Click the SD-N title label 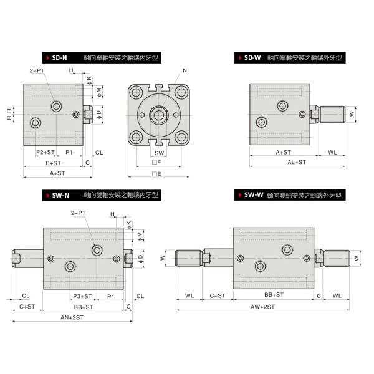tap(60, 57)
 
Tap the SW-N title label tap(60, 195)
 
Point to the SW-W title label tap(252, 195)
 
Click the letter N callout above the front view tap(185, 70)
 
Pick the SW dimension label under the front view tap(160, 152)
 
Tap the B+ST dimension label tap(53, 162)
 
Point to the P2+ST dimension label tap(45, 152)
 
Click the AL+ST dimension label tap(297, 162)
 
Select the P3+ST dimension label tap(82, 295)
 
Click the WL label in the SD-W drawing tap(332, 152)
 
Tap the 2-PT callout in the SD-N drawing tap(36, 70)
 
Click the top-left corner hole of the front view tap(136, 93)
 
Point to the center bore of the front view tap(159, 115)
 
